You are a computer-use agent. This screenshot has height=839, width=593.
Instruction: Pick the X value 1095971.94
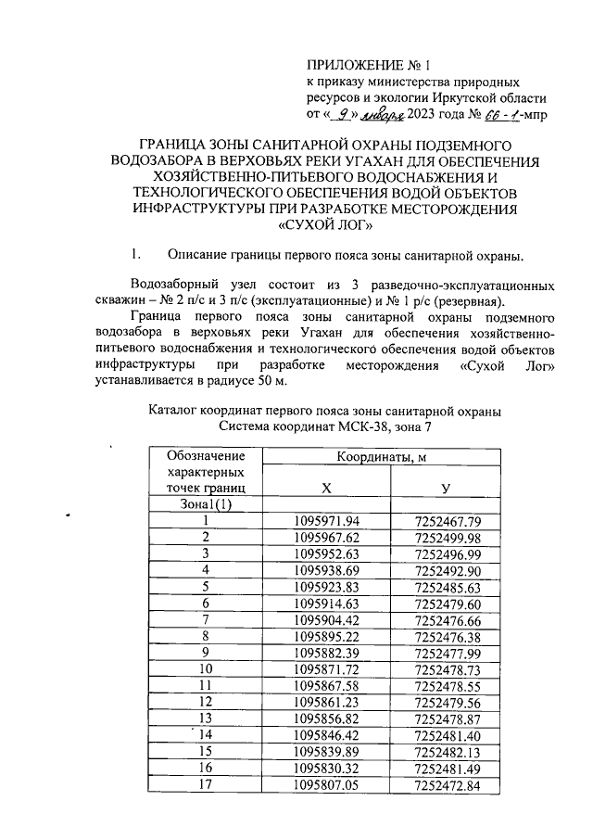point(325,521)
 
